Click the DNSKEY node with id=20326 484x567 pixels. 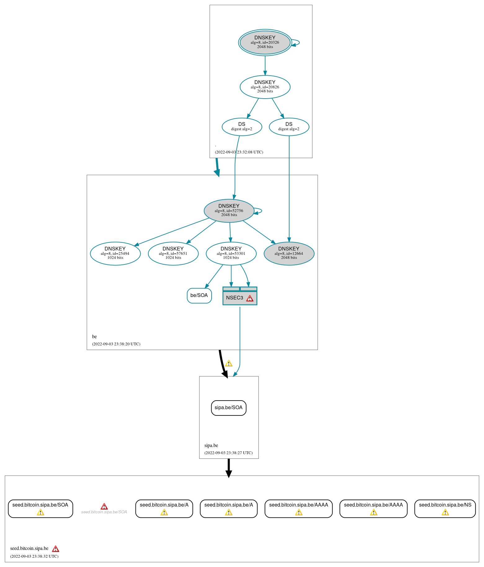pyautogui.click(x=265, y=42)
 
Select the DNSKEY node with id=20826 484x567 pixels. pyautogui.click(x=265, y=87)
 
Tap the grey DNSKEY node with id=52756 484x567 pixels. pyautogui.click(x=229, y=210)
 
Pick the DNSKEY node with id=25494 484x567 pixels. pyautogui.click(x=115, y=253)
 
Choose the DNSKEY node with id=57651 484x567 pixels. pyautogui.click(x=173, y=253)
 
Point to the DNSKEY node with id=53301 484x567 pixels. pyautogui.click(x=231, y=253)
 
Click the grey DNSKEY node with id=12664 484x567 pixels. pyautogui.click(x=289, y=253)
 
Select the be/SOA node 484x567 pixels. pyautogui.click(x=199, y=295)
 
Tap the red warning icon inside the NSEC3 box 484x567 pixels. pyautogui.click(x=250, y=298)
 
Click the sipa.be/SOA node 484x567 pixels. pyautogui.click(x=229, y=408)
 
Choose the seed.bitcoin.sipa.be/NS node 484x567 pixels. pyautogui.click(x=445, y=508)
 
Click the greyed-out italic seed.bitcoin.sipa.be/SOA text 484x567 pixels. pyautogui.click(x=104, y=512)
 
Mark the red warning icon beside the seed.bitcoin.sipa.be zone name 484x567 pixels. pyautogui.click(x=56, y=549)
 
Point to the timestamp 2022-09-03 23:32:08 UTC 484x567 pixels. pyautogui.click(x=239, y=152)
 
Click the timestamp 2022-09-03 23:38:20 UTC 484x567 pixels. pyautogui.click(x=116, y=344)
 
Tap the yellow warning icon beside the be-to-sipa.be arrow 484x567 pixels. pyautogui.click(x=229, y=363)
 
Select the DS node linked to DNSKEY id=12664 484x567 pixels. pyautogui.click(x=289, y=126)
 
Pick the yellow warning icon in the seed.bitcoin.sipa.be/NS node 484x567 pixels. pyautogui.click(x=445, y=512)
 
